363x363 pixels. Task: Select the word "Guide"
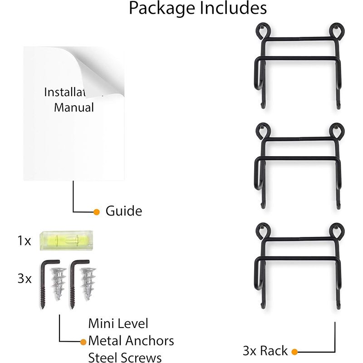pyautogui.click(x=123, y=211)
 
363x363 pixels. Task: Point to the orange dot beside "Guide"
pyautogui.click(x=96, y=211)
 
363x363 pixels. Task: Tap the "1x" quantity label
pyautogui.click(x=24, y=240)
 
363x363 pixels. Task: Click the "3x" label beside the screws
pyautogui.click(x=25, y=278)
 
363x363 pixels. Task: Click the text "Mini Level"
pyautogui.click(x=118, y=324)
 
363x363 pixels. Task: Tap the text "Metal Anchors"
pyautogui.click(x=131, y=340)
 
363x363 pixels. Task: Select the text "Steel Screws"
pyautogui.click(x=125, y=357)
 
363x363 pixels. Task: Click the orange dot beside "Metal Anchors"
pyautogui.click(x=83, y=341)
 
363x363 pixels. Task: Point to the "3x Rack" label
pyautogui.click(x=265, y=351)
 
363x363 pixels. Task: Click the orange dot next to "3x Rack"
pyautogui.click(x=294, y=351)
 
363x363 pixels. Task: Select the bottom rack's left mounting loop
pyautogui.click(x=261, y=231)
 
